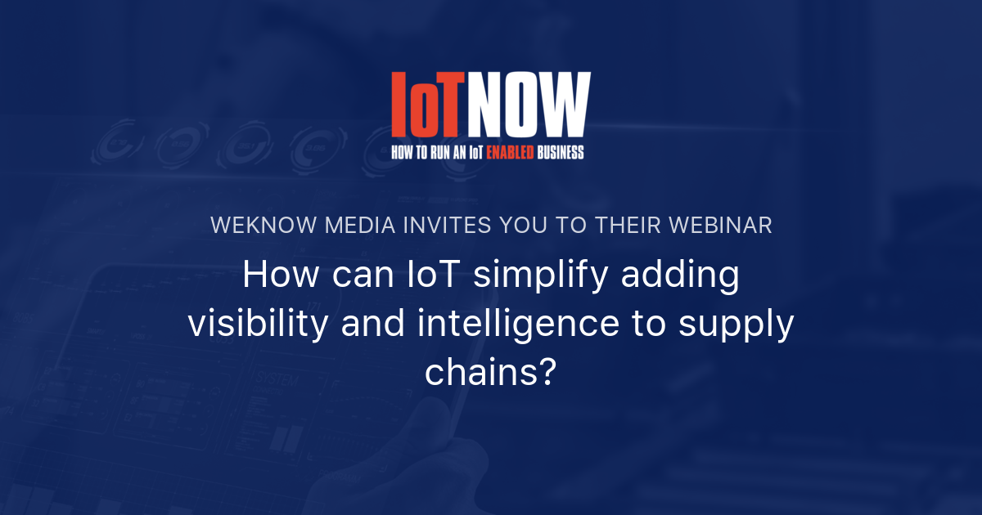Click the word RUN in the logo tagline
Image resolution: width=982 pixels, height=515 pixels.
[441, 152]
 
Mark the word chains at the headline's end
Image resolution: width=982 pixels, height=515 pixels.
[481, 373]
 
